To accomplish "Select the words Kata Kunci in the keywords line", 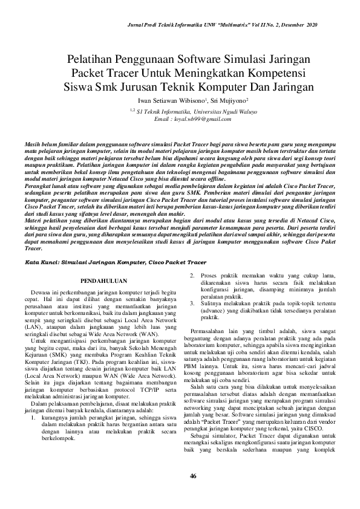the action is point(39,263).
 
